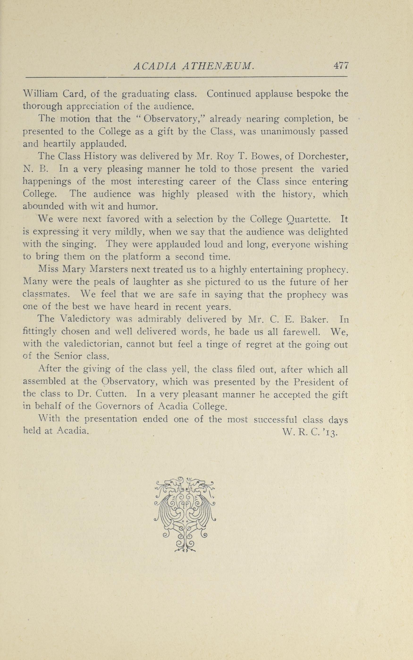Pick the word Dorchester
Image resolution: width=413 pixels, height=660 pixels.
click(x=323, y=156)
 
